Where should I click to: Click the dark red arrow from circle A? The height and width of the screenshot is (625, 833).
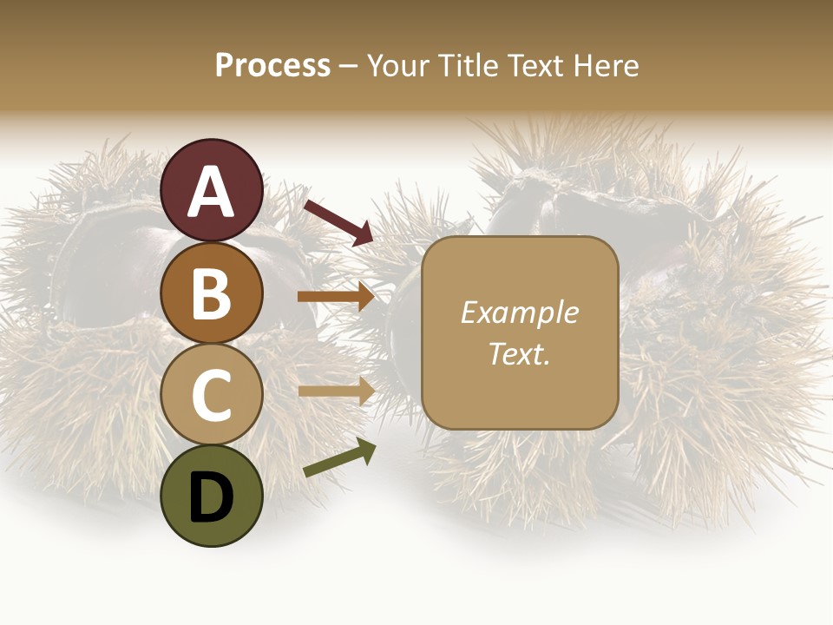click(338, 222)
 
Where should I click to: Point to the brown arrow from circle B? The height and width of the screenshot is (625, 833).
click(336, 297)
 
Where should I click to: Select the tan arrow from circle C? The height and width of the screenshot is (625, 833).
click(336, 391)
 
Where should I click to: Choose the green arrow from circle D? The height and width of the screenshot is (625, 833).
click(339, 459)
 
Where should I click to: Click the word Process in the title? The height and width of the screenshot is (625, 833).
click(272, 66)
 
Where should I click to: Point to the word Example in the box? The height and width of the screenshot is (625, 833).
click(520, 312)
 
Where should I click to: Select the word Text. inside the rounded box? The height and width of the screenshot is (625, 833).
click(520, 354)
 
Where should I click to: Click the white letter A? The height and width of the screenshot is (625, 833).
click(212, 193)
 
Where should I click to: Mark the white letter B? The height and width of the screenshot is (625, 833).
click(212, 295)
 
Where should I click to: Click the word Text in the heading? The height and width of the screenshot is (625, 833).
click(532, 66)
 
